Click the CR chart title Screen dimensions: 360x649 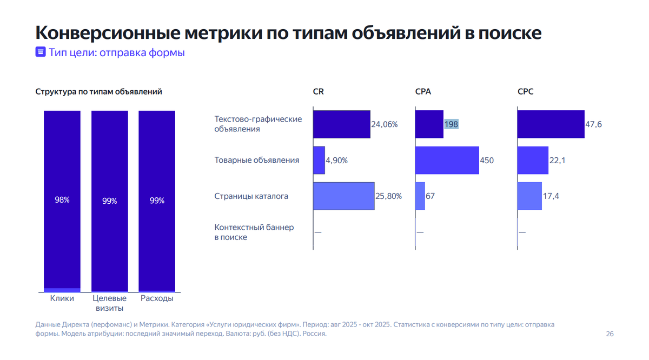(x=319, y=92)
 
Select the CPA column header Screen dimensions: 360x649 (x=423, y=92)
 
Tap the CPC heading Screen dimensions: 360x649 (x=525, y=92)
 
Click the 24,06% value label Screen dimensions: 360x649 (x=385, y=124)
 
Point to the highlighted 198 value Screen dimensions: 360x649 (x=451, y=124)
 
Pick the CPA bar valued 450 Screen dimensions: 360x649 (x=447, y=160)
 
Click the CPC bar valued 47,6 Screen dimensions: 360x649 (x=551, y=124)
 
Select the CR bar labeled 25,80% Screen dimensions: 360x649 (x=343, y=196)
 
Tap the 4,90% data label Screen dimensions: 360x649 (x=336, y=161)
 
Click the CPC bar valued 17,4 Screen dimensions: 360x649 (x=529, y=196)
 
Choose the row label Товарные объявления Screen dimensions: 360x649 (x=257, y=161)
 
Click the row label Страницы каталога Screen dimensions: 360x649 (x=251, y=196)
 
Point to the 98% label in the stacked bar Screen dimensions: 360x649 (x=62, y=200)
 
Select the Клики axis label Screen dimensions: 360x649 (x=62, y=298)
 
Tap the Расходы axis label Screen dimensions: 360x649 (x=157, y=298)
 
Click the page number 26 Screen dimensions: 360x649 (x=610, y=334)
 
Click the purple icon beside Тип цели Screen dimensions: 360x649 (x=40, y=52)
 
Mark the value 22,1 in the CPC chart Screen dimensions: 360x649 (x=558, y=161)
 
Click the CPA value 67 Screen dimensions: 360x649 (x=431, y=196)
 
